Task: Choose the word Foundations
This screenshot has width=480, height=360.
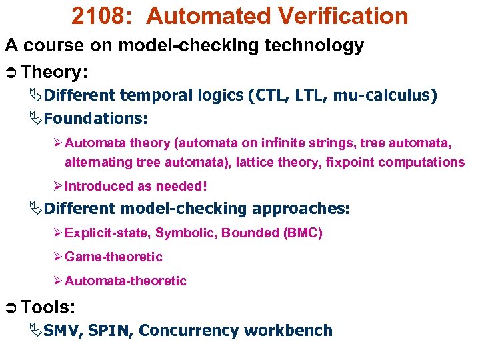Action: click(x=95, y=119)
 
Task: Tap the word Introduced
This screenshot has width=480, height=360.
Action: click(x=97, y=187)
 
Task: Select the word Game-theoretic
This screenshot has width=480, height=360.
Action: click(x=113, y=257)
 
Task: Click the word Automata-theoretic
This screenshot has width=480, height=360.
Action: click(x=125, y=281)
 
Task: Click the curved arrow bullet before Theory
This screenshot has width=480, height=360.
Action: click(x=11, y=71)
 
